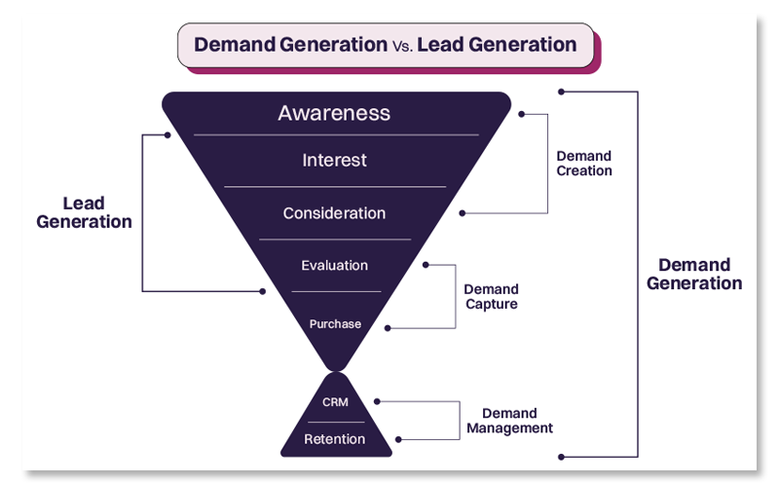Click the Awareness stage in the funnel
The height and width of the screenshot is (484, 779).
(334, 113)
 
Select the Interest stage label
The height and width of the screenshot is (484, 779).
(334, 161)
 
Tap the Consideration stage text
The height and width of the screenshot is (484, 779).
(334, 213)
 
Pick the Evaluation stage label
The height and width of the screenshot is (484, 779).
(334, 265)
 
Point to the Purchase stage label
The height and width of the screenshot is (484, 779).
(334, 323)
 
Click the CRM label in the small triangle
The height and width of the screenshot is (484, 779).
(335, 401)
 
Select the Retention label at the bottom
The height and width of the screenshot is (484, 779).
(335, 439)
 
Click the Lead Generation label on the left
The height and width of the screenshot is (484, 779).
(84, 212)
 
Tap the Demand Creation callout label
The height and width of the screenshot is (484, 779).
(584, 163)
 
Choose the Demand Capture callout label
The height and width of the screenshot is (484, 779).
(491, 296)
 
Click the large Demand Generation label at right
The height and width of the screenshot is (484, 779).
(694, 274)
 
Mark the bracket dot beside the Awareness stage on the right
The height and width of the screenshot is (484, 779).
(521, 114)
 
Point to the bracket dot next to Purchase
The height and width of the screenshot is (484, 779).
(388, 328)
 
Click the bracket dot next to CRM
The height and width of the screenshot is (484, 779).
(377, 400)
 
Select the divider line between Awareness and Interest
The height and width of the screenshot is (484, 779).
(336, 134)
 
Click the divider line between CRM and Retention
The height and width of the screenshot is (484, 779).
(335, 422)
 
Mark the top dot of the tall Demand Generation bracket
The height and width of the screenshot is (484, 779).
(561, 92)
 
